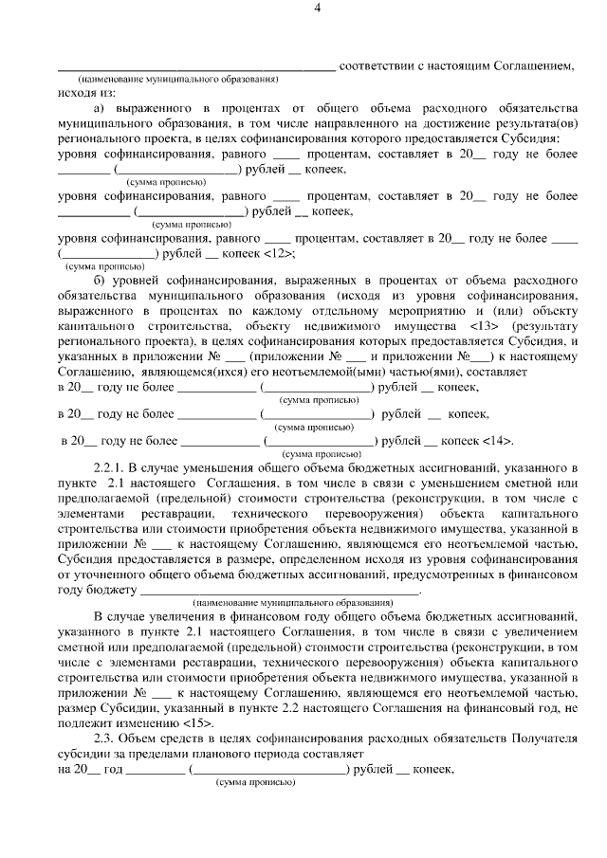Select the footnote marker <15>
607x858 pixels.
194,721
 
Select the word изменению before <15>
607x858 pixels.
146,721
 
